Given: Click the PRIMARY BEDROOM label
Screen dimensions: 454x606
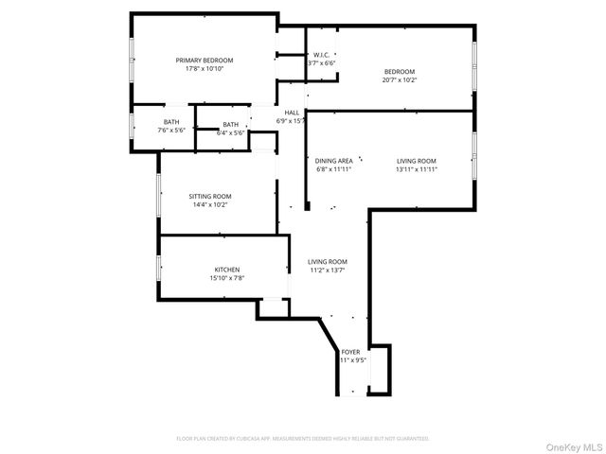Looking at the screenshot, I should pos(204,60).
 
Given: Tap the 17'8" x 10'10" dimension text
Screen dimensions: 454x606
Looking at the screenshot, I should pos(204,68).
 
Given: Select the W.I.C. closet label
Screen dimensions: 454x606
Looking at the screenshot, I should pos(321,55).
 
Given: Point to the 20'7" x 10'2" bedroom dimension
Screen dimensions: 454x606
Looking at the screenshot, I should pos(400,80).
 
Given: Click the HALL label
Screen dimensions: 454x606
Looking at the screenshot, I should pos(292,113).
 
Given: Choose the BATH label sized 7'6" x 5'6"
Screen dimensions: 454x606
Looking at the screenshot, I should pos(171,121).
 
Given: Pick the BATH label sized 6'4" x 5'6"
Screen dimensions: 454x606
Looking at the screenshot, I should pos(231,125).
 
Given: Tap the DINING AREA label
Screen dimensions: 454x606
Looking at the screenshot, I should pos(334,161).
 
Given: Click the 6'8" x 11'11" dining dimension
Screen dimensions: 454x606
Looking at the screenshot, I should pos(334,169).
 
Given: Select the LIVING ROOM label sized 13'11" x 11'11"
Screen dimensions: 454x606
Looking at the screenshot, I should pos(416,161).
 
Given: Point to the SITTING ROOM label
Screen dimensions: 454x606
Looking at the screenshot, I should pos(210,196).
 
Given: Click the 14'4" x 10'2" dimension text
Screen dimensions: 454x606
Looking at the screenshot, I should pos(210,204).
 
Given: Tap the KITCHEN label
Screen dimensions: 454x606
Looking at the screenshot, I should pos(225,270).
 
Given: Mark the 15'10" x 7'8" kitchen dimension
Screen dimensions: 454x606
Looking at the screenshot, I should pos(225,278).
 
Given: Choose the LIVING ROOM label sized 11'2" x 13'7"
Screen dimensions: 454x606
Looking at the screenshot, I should pos(328,262).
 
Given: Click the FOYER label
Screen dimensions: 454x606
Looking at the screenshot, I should pos(350,352).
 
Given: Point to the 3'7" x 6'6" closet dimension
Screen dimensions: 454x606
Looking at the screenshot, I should pos(322,63).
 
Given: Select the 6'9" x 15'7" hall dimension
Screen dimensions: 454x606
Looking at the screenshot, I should pos(292,121).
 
